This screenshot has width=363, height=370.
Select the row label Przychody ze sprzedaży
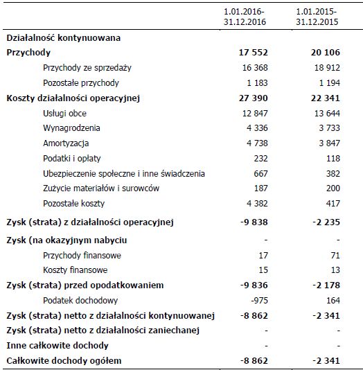point(87,68)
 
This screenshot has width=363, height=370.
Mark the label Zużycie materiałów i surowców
point(101,189)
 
